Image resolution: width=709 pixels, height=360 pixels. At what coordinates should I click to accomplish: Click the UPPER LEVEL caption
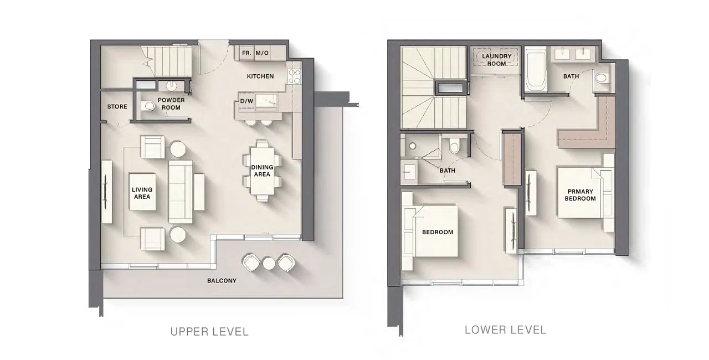(209, 332)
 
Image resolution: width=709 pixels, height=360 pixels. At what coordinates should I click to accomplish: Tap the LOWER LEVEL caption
(506, 330)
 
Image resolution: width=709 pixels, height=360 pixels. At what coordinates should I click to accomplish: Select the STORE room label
(117, 106)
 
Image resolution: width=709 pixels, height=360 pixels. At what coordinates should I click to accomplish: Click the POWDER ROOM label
(171, 104)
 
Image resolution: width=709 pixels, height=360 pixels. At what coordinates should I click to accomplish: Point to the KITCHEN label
(260, 76)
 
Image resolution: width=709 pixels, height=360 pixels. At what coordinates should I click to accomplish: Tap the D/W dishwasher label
(247, 101)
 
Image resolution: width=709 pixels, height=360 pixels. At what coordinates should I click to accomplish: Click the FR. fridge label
(246, 53)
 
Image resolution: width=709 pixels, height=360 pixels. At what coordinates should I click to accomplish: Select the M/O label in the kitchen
(262, 53)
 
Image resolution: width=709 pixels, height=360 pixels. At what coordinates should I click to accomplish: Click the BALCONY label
(222, 281)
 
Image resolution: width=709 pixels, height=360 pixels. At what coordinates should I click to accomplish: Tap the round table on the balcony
(269, 263)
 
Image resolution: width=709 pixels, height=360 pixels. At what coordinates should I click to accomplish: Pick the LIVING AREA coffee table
(142, 192)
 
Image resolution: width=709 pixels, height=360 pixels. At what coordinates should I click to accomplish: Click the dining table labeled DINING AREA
(262, 171)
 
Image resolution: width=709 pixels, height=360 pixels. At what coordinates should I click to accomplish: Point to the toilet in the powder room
(147, 106)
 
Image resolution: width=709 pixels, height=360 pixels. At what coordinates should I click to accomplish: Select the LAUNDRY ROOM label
(497, 60)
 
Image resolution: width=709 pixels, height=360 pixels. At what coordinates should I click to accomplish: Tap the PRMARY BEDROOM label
(580, 195)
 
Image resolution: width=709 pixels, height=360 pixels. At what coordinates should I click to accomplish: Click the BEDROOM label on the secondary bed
(438, 232)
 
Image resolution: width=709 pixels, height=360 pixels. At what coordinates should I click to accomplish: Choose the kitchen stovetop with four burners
(294, 77)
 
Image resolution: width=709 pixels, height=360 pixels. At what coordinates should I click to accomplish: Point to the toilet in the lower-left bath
(454, 146)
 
